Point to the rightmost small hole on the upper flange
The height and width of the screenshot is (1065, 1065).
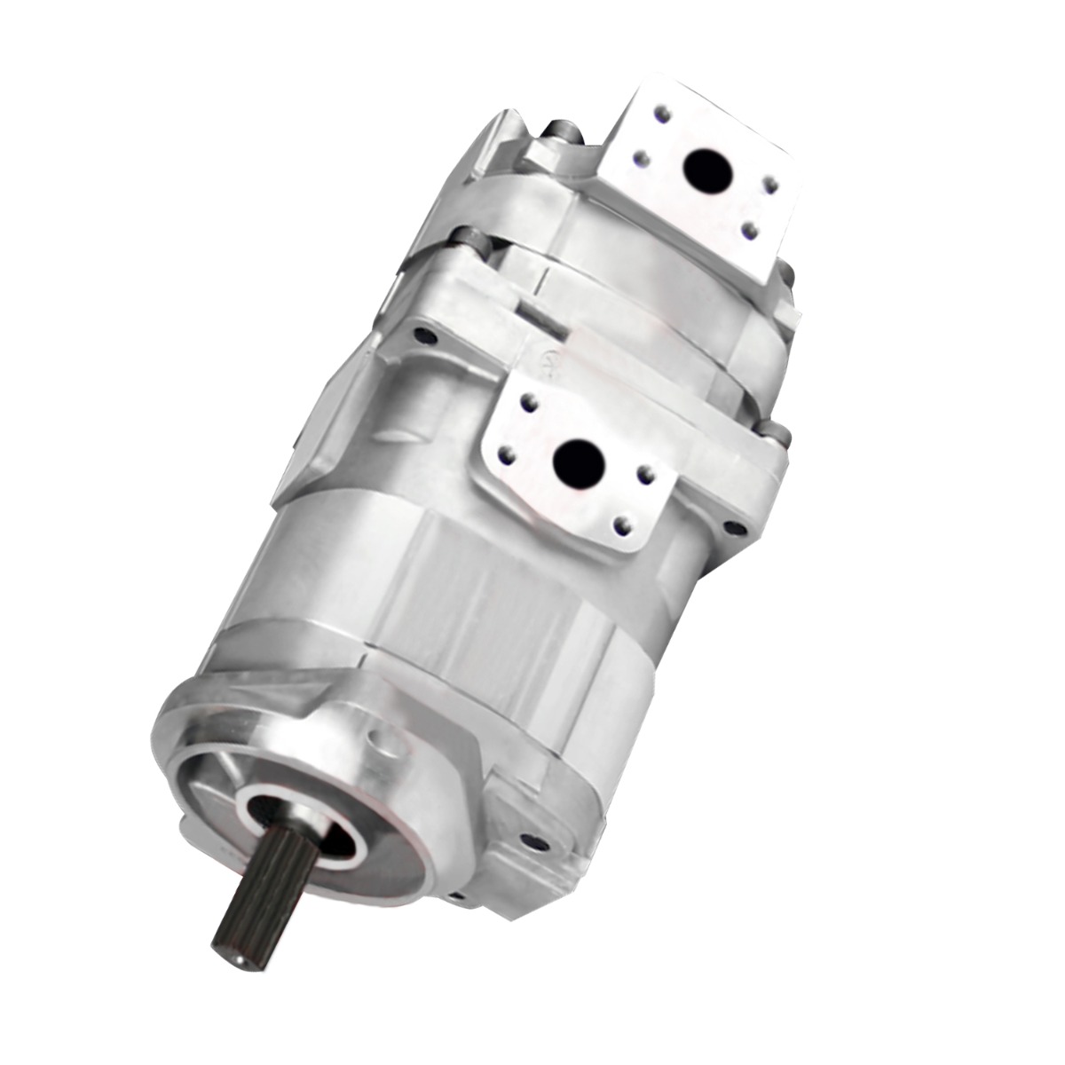772,186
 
